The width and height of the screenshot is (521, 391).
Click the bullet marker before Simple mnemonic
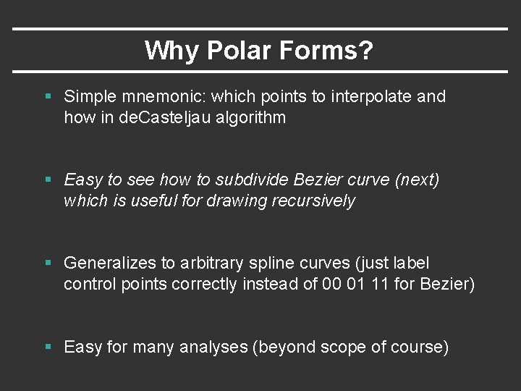point(48,96)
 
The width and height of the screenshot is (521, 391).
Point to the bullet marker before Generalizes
point(48,264)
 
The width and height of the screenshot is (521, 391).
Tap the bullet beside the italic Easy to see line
point(48,180)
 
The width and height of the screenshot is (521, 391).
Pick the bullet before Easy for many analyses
point(48,348)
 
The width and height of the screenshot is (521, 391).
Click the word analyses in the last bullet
point(213,348)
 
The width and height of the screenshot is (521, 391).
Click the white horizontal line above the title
point(260,29)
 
